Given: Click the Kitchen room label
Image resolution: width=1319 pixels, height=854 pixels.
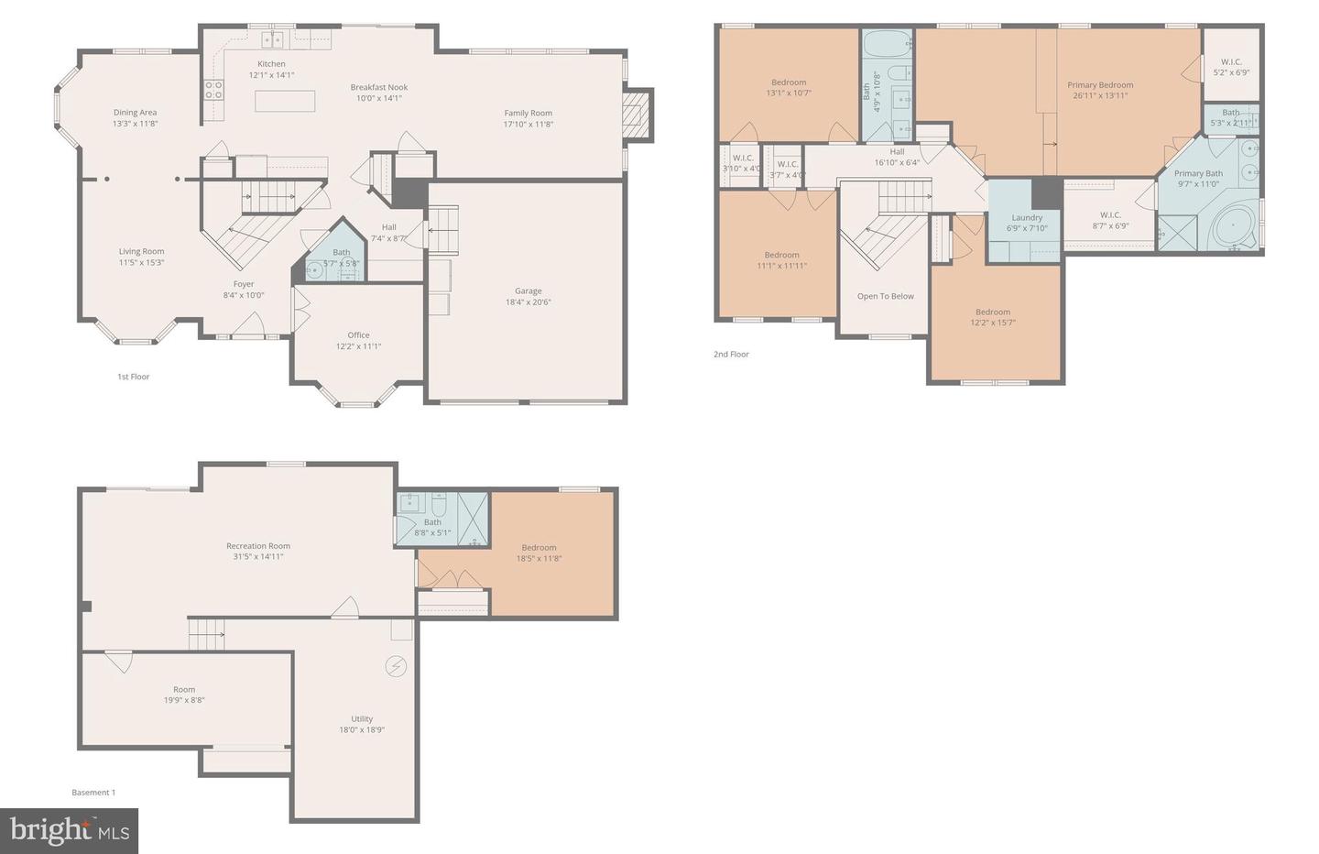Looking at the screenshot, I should pyautogui.click(x=271, y=64).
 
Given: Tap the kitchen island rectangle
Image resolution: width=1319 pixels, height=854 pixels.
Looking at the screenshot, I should pyautogui.click(x=285, y=100).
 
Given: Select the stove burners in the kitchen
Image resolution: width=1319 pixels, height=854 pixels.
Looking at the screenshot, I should pyautogui.click(x=213, y=89).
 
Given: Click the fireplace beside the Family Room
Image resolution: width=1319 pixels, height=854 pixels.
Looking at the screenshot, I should pyautogui.click(x=637, y=115).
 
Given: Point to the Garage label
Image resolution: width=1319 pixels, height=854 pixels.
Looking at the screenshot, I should pyautogui.click(x=528, y=291).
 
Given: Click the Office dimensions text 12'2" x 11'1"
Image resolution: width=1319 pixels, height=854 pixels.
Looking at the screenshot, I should pyautogui.click(x=358, y=346).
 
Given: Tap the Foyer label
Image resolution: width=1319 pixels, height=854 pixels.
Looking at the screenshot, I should pyautogui.click(x=244, y=284).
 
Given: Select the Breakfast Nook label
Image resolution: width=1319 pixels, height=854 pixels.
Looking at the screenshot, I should pyautogui.click(x=379, y=87).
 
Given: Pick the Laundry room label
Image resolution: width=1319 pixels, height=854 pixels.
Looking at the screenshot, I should pyautogui.click(x=1027, y=218).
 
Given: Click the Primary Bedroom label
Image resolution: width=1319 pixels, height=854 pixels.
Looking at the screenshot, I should pyautogui.click(x=1100, y=85).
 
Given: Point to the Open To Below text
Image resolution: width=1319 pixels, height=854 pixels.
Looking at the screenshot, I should pyautogui.click(x=885, y=296).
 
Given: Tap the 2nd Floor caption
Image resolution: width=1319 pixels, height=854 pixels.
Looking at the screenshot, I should pyautogui.click(x=731, y=354).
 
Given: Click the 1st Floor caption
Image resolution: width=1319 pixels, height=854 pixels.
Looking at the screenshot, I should pyautogui.click(x=133, y=377).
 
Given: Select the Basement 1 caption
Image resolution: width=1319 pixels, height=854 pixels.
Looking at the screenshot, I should pyautogui.click(x=93, y=793).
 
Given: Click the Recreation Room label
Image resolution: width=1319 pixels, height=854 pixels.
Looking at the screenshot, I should pyautogui.click(x=258, y=546).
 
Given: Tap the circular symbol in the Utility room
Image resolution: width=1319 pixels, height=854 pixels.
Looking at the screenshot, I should pyautogui.click(x=396, y=666).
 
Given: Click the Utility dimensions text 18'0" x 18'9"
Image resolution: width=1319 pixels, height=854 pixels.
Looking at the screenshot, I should pyautogui.click(x=362, y=730).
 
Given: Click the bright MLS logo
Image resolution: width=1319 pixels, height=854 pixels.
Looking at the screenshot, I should pyautogui.click(x=70, y=831).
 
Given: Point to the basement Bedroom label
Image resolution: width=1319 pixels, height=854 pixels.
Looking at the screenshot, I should pyautogui.click(x=539, y=548).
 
